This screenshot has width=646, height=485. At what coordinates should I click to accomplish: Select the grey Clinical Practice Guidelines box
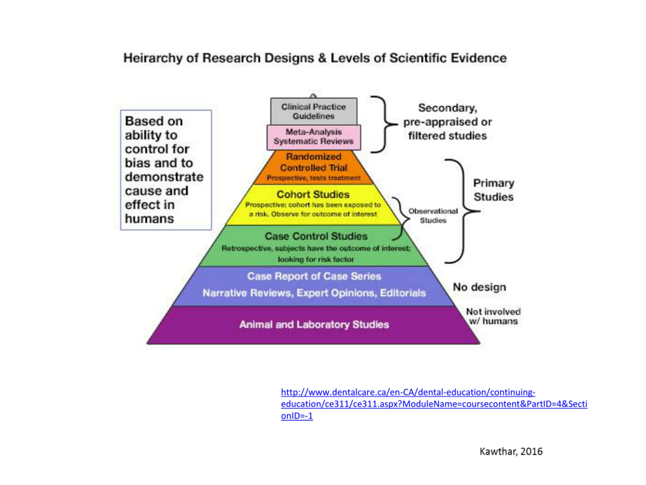pyautogui.click(x=313, y=111)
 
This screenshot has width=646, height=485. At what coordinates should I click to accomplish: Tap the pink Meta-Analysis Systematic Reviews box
pyautogui.click(x=313, y=137)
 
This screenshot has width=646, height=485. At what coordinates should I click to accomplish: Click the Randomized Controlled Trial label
pyautogui.click(x=313, y=162)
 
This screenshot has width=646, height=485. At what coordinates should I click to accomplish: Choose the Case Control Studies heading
pyautogui.click(x=316, y=236)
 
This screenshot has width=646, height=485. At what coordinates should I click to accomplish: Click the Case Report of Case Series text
pyautogui.click(x=314, y=276)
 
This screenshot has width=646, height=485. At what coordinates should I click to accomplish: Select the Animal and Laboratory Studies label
pyautogui.click(x=314, y=325)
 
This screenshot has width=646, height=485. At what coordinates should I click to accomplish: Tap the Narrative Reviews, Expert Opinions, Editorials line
pyautogui.click(x=314, y=293)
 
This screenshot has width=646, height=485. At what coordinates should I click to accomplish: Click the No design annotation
pyautogui.click(x=479, y=287)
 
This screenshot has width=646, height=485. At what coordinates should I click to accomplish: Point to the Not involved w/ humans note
pyautogui.click(x=493, y=316)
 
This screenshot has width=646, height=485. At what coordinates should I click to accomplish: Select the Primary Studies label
pyautogui.click(x=494, y=190)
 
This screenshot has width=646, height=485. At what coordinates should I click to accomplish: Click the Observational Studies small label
pyautogui.click(x=433, y=215)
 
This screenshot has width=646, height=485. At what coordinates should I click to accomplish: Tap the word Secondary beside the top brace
pyautogui.click(x=447, y=108)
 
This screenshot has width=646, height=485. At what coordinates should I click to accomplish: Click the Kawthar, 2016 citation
pyautogui.click(x=511, y=451)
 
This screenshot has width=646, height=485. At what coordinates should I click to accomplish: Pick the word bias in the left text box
pyautogui.click(x=137, y=163)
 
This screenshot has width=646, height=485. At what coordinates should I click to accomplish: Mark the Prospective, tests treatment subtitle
pyautogui.click(x=313, y=178)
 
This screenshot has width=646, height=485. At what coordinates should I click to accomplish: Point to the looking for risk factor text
pyautogui.click(x=316, y=259)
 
